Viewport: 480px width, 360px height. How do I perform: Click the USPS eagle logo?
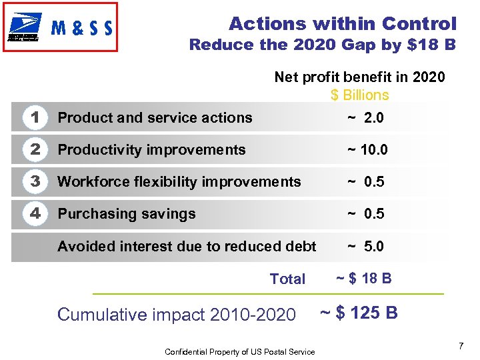[x=24, y=27]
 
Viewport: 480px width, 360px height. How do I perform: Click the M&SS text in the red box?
[x=82, y=28]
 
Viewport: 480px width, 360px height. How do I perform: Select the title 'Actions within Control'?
[x=343, y=24]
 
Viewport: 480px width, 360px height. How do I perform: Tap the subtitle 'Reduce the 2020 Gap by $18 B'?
[x=323, y=45]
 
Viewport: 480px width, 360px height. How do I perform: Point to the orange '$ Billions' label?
[x=359, y=95]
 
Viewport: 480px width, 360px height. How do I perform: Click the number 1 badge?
[x=35, y=118]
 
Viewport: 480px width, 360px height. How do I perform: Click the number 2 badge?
[x=35, y=150]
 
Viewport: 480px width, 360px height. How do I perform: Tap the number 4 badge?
[x=35, y=214]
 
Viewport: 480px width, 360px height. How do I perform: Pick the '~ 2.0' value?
[x=365, y=118]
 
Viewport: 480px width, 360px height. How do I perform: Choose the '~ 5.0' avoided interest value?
[x=365, y=247]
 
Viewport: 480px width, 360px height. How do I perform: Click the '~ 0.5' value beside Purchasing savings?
[x=365, y=214]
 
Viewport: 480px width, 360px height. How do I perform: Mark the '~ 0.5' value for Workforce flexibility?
[x=365, y=182]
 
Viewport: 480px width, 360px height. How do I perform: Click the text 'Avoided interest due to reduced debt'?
[x=187, y=247]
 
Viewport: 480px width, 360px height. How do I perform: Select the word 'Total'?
[x=287, y=279]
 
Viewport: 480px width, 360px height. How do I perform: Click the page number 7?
[x=461, y=346]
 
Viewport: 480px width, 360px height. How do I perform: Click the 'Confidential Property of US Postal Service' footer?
[x=240, y=351]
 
